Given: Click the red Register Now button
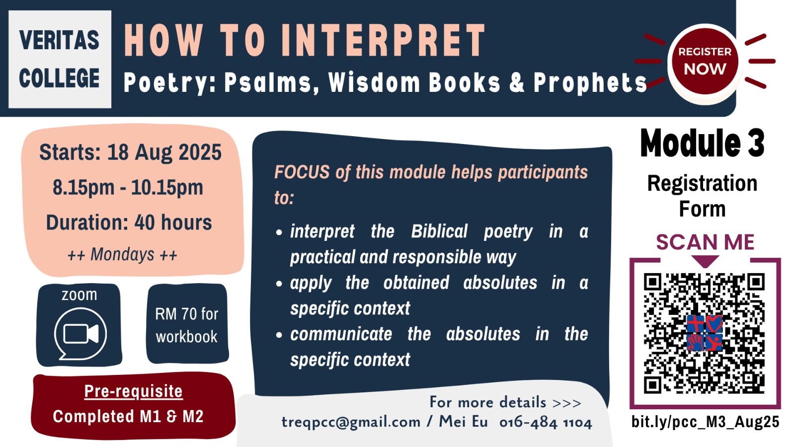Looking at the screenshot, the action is [x=705, y=62].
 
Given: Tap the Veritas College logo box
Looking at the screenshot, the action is [x=60, y=59].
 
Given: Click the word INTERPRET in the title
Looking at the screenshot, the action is [x=384, y=40].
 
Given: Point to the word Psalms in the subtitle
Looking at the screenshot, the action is [x=268, y=82].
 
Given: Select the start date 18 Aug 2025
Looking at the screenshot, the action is [x=164, y=152].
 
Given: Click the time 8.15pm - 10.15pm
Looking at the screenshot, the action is [x=128, y=187].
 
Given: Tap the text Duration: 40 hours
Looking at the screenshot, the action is [x=129, y=223].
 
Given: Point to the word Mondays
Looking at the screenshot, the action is [x=122, y=254].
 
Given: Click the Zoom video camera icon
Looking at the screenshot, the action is [x=80, y=334].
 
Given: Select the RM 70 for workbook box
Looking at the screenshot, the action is [x=187, y=323].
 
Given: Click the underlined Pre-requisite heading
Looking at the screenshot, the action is [x=134, y=391].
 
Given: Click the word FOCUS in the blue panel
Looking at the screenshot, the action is [x=302, y=172].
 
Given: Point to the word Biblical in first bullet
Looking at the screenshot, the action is [x=439, y=231].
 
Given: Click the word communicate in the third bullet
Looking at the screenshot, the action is [x=341, y=334].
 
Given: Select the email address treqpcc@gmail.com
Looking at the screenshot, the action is [x=351, y=422].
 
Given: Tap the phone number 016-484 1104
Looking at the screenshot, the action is [x=546, y=423].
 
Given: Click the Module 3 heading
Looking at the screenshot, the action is [x=703, y=143].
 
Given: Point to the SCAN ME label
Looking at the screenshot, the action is [x=705, y=242].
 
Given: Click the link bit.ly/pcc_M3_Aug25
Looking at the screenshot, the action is [x=705, y=422].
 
